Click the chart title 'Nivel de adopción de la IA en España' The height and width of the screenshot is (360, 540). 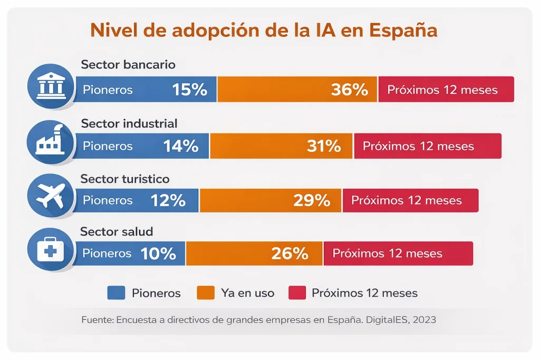pyautogui.click(x=264, y=30)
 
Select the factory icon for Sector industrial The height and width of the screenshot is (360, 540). pyautogui.click(x=50, y=142)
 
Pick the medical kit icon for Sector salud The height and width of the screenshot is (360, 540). pyautogui.click(x=50, y=250)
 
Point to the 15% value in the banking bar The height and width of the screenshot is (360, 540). pyautogui.click(x=190, y=90)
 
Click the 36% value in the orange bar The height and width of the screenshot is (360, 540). pyautogui.click(x=349, y=90)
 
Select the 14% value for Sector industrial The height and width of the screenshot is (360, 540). pyautogui.click(x=181, y=146)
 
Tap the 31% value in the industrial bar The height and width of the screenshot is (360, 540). pyautogui.click(x=324, y=146)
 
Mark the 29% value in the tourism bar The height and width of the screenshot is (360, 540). pyautogui.click(x=312, y=200)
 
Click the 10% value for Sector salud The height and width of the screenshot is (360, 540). pyautogui.click(x=158, y=254)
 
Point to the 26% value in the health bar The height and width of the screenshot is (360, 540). pyautogui.click(x=290, y=254)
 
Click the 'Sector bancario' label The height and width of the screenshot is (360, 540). pyautogui.click(x=128, y=64)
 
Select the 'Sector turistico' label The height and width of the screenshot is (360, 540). pyautogui.click(x=125, y=179)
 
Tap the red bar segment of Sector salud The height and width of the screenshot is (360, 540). pyautogui.click(x=398, y=254)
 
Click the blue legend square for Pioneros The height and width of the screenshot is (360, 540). pyautogui.click(x=116, y=293)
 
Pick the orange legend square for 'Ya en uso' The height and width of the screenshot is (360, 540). pyautogui.click(x=206, y=293)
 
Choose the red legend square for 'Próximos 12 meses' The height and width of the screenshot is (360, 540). pyautogui.click(x=297, y=293)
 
